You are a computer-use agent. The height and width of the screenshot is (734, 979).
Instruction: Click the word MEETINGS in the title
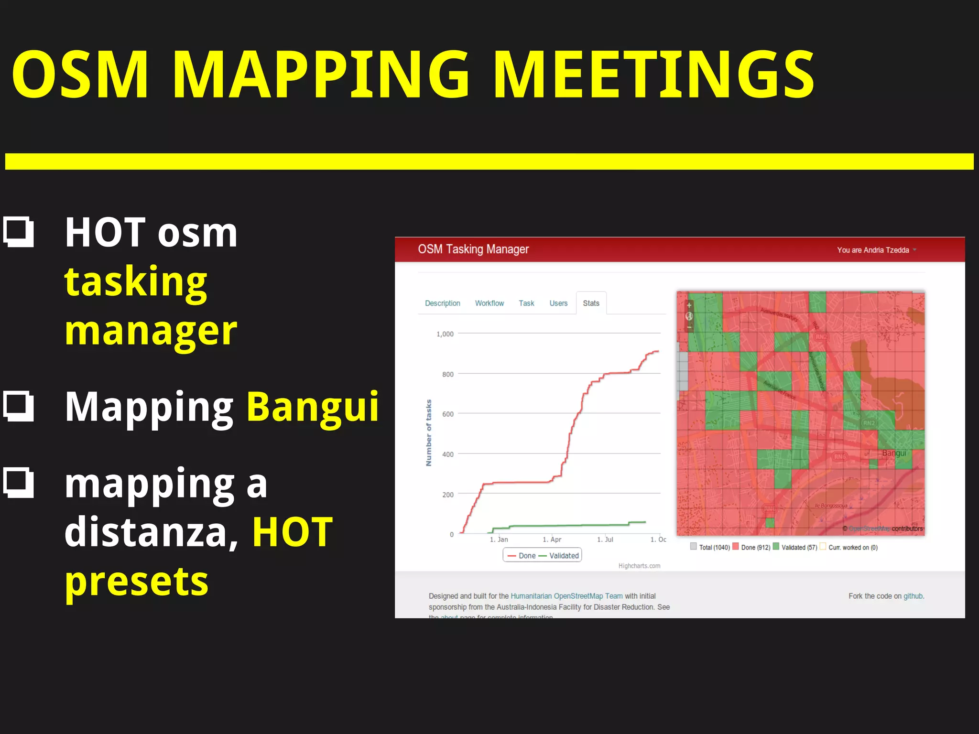click(x=653, y=76)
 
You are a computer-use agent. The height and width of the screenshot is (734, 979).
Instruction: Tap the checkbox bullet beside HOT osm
click(x=19, y=232)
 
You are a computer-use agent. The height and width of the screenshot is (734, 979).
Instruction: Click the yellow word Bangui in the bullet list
click(x=313, y=407)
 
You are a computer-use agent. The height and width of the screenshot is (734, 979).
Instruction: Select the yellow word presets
click(x=137, y=582)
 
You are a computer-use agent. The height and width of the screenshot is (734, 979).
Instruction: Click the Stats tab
click(x=591, y=303)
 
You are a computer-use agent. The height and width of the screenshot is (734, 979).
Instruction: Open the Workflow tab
click(x=489, y=303)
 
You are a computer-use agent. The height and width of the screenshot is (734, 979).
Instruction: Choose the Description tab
click(x=442, y=303)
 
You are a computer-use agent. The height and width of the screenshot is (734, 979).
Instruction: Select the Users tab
click(x=558, y=303)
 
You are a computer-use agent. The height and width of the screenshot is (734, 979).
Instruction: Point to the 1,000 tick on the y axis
click(x=445, y=334)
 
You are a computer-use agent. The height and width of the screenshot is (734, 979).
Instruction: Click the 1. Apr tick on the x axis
click(x=552, y=540)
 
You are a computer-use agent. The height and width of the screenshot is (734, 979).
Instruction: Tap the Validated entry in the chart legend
click(x=564, y=556)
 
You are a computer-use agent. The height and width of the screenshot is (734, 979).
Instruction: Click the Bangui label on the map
click(x=894, y=453)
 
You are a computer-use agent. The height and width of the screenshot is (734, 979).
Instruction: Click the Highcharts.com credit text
click(x=639, y=566)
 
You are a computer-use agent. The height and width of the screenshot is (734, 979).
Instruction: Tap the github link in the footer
click(x=913, y=596)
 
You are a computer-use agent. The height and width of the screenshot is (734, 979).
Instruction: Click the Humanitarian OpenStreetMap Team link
click(x=566, y=596)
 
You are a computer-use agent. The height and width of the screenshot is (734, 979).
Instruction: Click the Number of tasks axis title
click(x=429, y=433)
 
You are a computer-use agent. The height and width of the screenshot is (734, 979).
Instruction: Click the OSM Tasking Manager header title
click(x=473, y=249)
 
